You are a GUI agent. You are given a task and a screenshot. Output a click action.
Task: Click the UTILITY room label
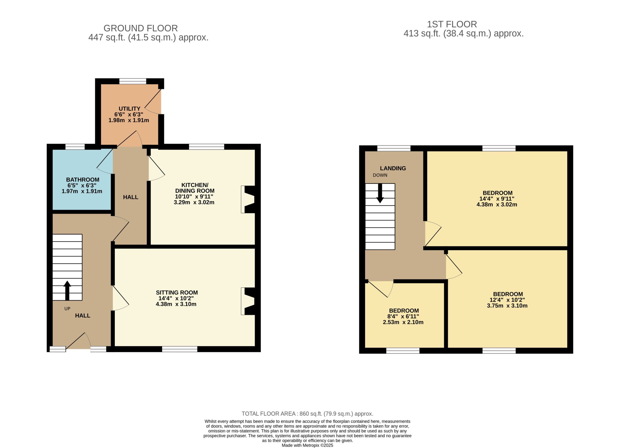(x=129, y=109)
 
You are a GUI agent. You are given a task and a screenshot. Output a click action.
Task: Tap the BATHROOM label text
(x=83, y=180)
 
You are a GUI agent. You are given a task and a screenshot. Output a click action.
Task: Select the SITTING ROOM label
(x=177, y=293)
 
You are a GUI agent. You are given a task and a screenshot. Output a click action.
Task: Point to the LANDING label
(x=393, y=168)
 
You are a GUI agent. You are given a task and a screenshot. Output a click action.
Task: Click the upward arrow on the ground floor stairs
(x=67, y=290)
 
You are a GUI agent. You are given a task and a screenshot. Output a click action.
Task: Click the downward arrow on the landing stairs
(x=380, y=193)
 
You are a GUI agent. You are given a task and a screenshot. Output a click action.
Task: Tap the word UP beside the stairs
(x=67, y=309)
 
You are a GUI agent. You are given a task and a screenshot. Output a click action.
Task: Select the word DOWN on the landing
(x=380, y=175)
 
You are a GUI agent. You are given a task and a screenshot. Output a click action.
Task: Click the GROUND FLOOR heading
(x=140, y=28)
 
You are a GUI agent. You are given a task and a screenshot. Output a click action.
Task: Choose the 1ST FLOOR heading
(x=452, y=24)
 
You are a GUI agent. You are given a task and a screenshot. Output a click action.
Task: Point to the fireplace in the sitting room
(x=248, y=301)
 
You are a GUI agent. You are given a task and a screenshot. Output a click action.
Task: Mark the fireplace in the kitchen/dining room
(x=248, y=199)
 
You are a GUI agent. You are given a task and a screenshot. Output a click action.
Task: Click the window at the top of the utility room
(x=133, y=81)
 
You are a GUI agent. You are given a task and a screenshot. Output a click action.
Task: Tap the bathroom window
(x=75, y=147)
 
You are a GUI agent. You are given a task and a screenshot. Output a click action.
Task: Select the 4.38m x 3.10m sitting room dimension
(x=176, y=304)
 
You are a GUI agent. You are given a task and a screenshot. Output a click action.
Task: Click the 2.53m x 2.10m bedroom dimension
(x=403, y=322)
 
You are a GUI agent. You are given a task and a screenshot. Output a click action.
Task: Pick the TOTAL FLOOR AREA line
(x=307, y=414)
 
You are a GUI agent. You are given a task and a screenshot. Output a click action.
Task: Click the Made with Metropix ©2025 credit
(x=308, y=445)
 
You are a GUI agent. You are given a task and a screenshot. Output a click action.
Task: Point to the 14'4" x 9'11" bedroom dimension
(x=497, y=199)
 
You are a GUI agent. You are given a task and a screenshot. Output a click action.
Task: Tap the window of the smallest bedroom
(x=403, y=350)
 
